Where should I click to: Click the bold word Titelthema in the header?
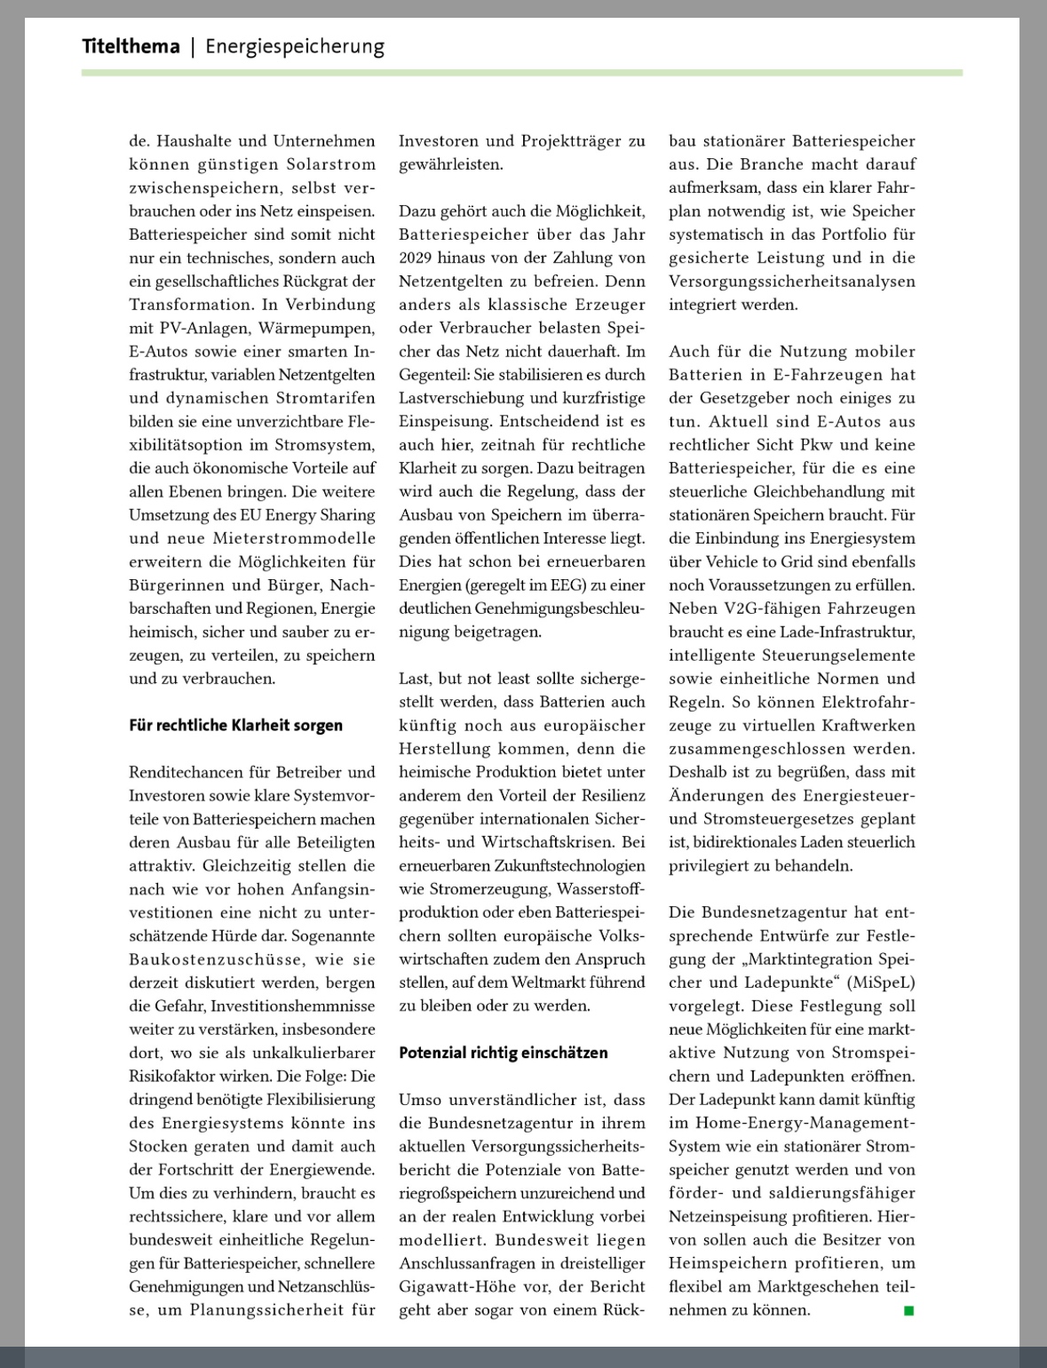coord(131,46)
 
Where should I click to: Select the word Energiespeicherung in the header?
coord(295,46)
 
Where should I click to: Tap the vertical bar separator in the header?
coord(193,46)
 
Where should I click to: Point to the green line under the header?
coord(521,72)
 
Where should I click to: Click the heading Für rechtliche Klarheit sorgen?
coord(235,725)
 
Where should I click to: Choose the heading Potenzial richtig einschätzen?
coord(503,1053)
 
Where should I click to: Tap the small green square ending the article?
coord(908,1310)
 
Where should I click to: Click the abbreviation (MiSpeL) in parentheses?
coord(882,982)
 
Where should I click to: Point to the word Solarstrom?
coord(331,164)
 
